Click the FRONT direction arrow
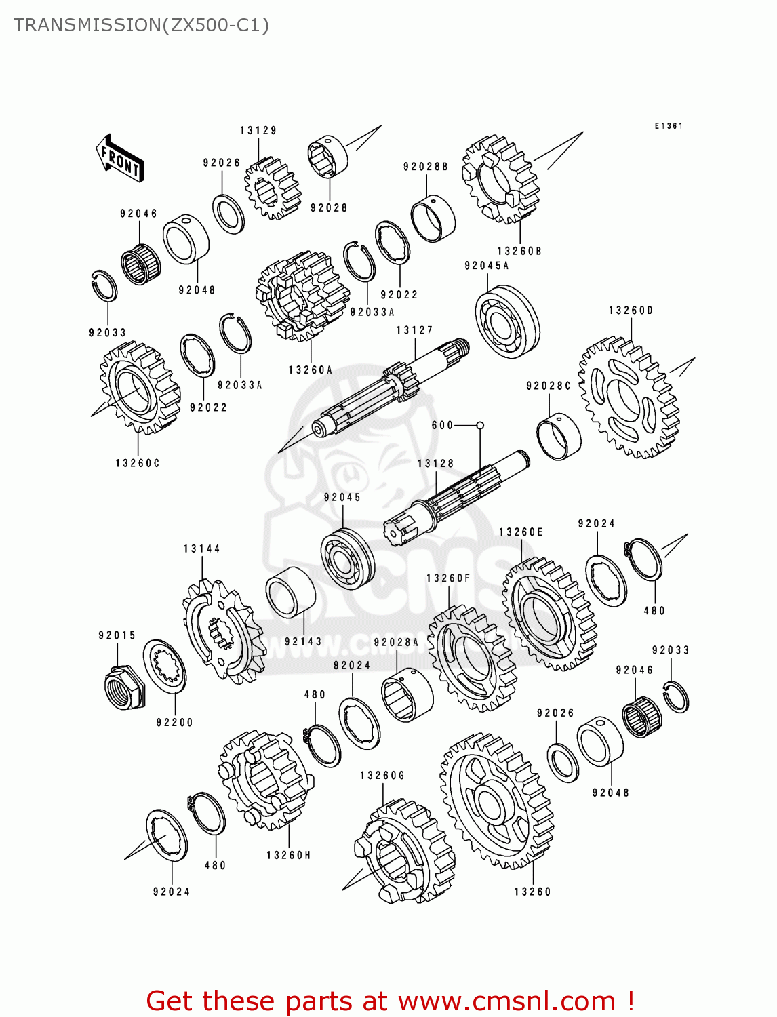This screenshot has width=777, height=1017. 120,159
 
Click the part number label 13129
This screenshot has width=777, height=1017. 258,130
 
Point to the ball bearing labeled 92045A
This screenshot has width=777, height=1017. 507,322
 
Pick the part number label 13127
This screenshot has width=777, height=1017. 414,330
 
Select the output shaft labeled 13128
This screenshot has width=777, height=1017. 454,498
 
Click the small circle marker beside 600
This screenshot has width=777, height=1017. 480,425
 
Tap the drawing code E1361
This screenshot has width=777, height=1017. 668,126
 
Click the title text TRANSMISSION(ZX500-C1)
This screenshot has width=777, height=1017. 141,25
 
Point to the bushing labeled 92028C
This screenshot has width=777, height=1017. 559,435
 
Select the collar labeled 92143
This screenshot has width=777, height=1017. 290,591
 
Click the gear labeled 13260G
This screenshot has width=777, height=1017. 403,851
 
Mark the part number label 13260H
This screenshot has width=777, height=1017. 288,856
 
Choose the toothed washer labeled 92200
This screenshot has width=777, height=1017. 164,666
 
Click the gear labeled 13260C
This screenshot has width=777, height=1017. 140,388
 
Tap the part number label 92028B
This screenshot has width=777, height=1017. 425,167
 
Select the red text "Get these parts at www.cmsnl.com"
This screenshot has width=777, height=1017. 390,1001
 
